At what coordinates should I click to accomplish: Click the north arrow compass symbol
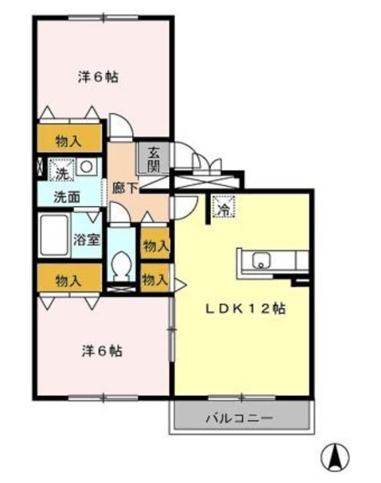335,455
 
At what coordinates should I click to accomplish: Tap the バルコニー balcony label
239,418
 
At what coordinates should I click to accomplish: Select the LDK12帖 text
245,309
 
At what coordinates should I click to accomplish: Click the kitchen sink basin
262,260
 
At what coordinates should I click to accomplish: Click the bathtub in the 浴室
54,235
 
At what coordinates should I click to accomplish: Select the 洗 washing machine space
61,170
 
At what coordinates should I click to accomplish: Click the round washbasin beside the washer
86,167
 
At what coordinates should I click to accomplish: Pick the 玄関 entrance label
153,159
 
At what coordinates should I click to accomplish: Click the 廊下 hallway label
124,188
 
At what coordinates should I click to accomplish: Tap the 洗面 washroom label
67,196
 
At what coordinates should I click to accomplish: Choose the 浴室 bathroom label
87,240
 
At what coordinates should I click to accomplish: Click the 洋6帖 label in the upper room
98,77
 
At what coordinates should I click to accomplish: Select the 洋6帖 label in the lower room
102,351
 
